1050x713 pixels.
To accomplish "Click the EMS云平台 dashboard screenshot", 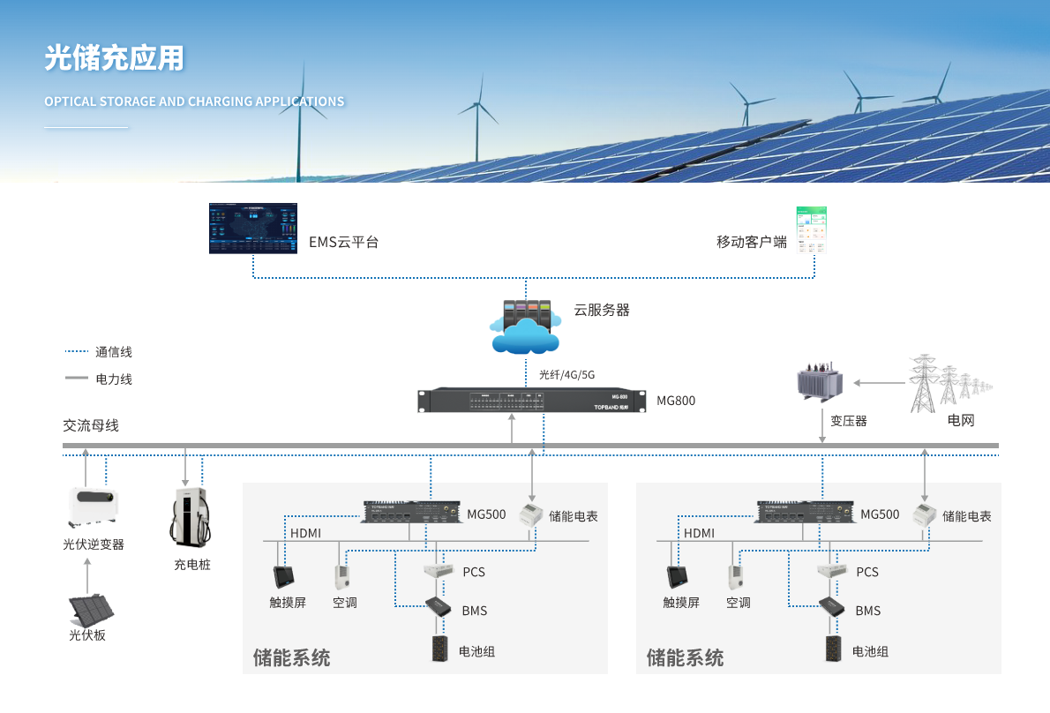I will (252, 229).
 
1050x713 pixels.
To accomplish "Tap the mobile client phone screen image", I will (812, 230).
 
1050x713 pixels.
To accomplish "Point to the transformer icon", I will (820, 382).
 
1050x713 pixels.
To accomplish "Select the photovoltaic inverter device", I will (93, 506).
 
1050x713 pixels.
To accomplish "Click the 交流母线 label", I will (91, 425).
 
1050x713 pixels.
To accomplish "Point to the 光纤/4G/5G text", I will (566, 374).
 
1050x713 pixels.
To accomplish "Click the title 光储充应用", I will (115, 58).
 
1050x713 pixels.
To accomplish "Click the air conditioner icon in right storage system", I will (737, 577).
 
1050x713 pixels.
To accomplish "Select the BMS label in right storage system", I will (867, 611).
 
